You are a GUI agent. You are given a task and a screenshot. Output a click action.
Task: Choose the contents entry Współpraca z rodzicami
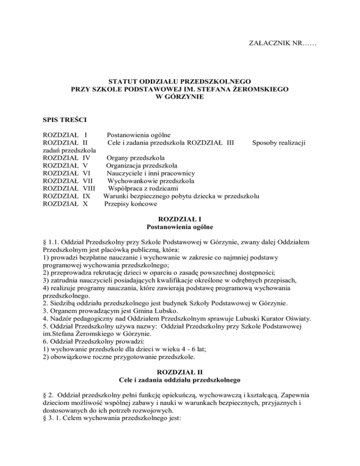[145, 188]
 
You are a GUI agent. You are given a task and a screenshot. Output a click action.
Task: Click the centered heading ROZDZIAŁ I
[180, 219]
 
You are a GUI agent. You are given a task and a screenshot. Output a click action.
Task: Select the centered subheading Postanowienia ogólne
[180, 227]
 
